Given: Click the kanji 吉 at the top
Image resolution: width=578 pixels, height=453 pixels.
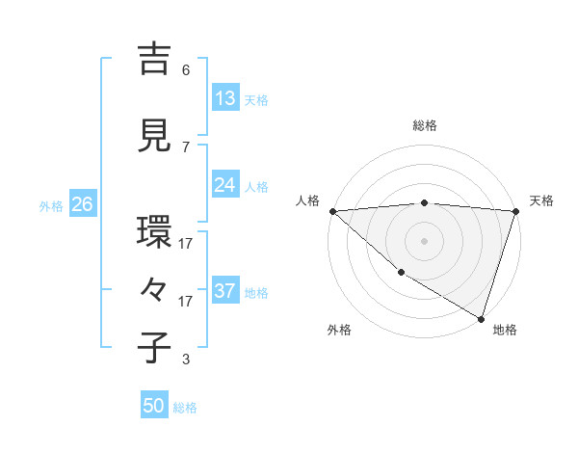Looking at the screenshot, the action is click(155, 60).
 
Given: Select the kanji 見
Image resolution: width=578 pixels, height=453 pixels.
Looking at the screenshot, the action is click(155, 137).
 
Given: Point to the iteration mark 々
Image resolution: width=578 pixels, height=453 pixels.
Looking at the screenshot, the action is click(154, 290).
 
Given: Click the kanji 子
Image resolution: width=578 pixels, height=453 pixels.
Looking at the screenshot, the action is click(155, 348).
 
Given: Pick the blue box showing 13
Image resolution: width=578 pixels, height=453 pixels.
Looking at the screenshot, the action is click(225, 98).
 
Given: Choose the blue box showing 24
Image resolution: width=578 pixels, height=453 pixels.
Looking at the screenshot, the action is click(225, 186).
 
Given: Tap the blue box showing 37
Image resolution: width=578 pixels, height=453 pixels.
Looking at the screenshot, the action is click(225, 291).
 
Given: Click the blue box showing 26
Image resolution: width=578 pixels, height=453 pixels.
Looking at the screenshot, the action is click(82, 204).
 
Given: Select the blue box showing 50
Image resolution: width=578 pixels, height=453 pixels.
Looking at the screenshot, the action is click(154, 406).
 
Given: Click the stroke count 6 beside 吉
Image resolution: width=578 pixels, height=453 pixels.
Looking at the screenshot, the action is click(186, 70).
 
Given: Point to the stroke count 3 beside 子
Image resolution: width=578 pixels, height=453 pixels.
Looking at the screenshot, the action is click(186, 360).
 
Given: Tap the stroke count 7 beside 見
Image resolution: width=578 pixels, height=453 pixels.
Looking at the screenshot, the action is click(186, 147).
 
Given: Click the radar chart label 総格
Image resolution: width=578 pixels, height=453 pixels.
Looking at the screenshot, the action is click(424, 125).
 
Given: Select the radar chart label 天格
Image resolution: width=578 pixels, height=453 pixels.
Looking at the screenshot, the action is click(541, 200).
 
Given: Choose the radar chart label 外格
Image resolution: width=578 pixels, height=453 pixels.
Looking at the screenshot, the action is click(338, 330).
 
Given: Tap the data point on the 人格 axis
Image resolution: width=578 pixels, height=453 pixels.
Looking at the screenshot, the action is click(332, 211).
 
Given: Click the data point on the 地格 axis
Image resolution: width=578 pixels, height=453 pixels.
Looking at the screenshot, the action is click(481, 318).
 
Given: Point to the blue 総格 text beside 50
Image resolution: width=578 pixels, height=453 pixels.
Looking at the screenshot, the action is click(186, 408).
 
